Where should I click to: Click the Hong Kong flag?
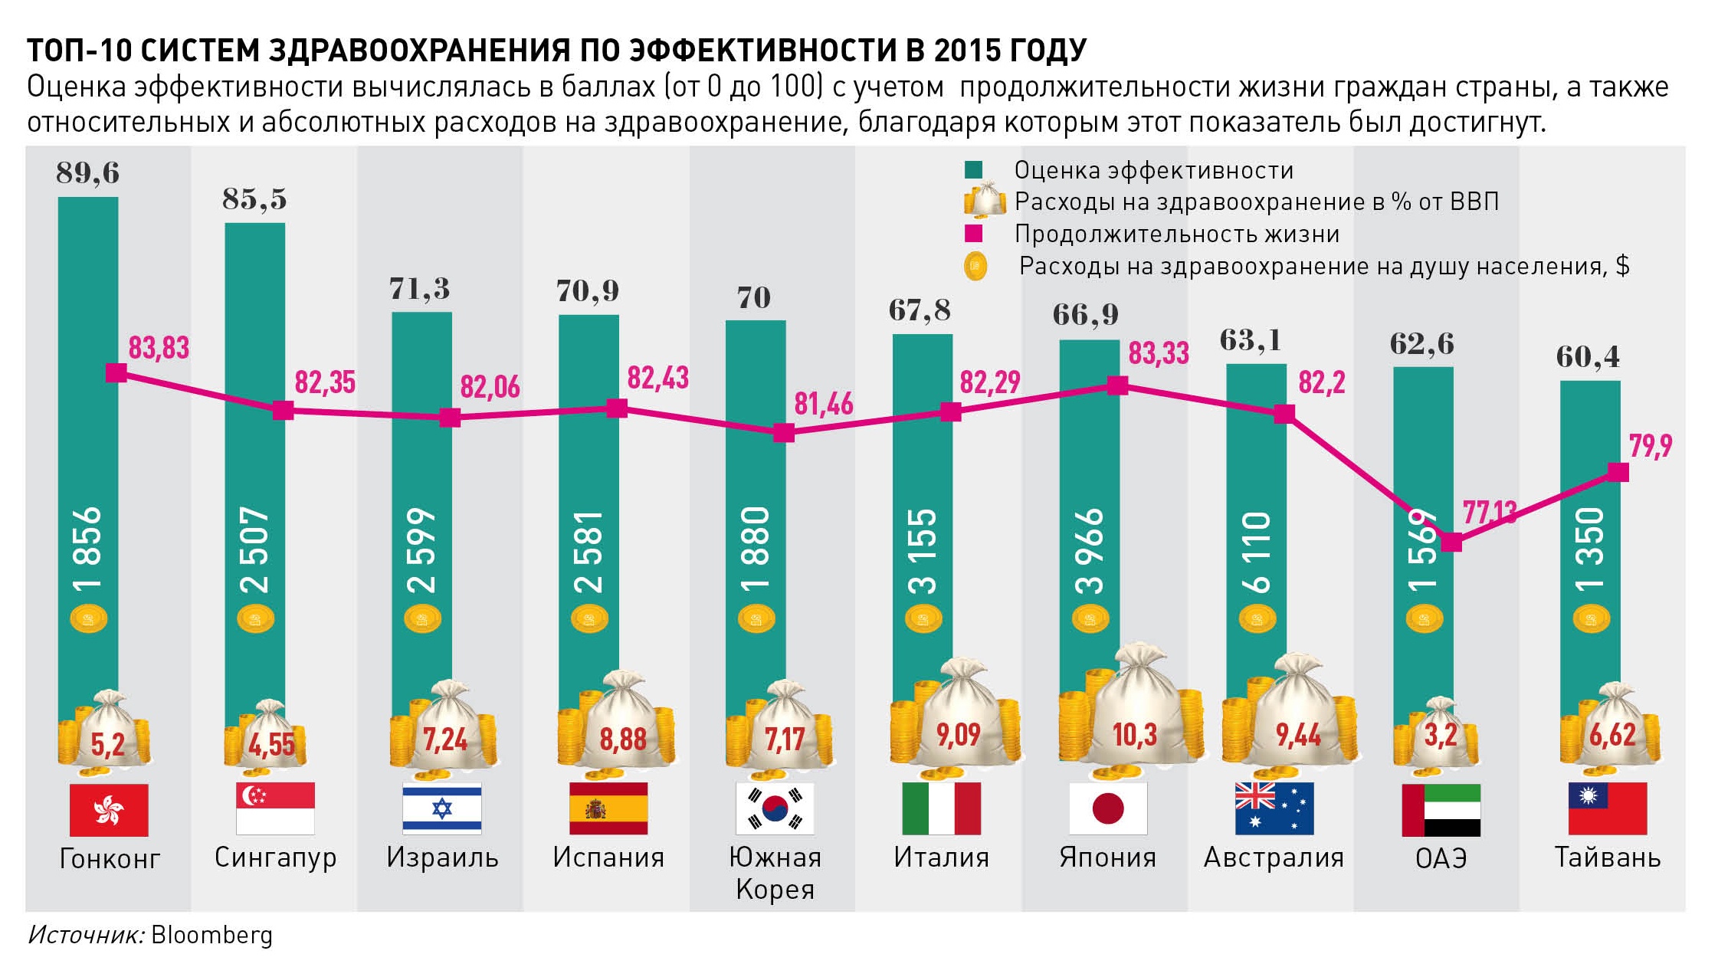(109, 809)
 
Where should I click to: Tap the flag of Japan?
(1108, 808)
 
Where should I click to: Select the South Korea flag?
(775, 808)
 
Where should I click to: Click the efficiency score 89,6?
(88, 173)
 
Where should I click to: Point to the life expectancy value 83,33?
(1159, 353)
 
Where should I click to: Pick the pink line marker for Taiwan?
(1618, 472)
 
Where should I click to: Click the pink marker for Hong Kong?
(116, 373)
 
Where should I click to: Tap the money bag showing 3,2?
(1440, 733)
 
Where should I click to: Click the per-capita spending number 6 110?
(1257, 552)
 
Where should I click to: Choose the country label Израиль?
(442, 857)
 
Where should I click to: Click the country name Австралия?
(1274, 857)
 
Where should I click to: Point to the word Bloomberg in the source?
(211, 935)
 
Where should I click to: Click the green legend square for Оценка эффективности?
(973, 170)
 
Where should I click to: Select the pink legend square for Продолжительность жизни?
(973, 234)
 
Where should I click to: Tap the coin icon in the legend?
(975, 266)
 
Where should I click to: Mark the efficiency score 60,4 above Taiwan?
(1588, 357)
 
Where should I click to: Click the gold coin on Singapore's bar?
(255, 618)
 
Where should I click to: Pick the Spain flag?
(608, 808)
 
